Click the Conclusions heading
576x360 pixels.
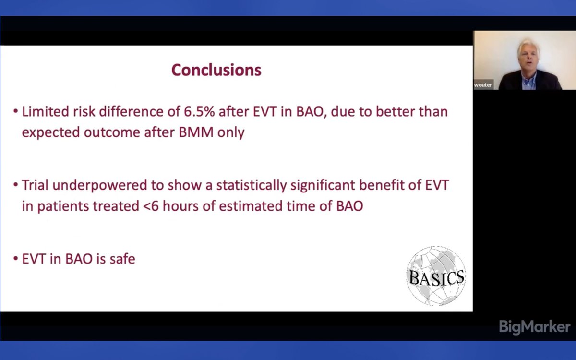pyautogui.click(x=216, y=70)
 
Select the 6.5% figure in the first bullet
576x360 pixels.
pyautogui.click(x=199, y=111)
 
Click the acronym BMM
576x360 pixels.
pyautogui.click(x=196, y=132)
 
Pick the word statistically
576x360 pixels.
pyautogui.click(x=251, y=185)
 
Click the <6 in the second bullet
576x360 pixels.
pyautogui.click(x=151, y=206)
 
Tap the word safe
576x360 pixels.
pyautogui.click(x=122, y=258)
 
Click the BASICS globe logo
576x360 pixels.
pyautogui.click(x=436, y=276)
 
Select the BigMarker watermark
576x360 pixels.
pyautogui.click(x=535, y=327)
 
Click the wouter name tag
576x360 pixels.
pyautogui.click(x=483, y=85)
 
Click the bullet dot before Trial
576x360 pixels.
pyautogui.click(x=16, y=185)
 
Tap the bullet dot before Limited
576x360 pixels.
pyautogui.click(x=16, y=111)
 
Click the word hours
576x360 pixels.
pyautogui.click(x=180, y=206)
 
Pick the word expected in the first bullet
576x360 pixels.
pyautogui.click(x=51, y=133)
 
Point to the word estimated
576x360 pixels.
pyautogui.click(x=251, y=206)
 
